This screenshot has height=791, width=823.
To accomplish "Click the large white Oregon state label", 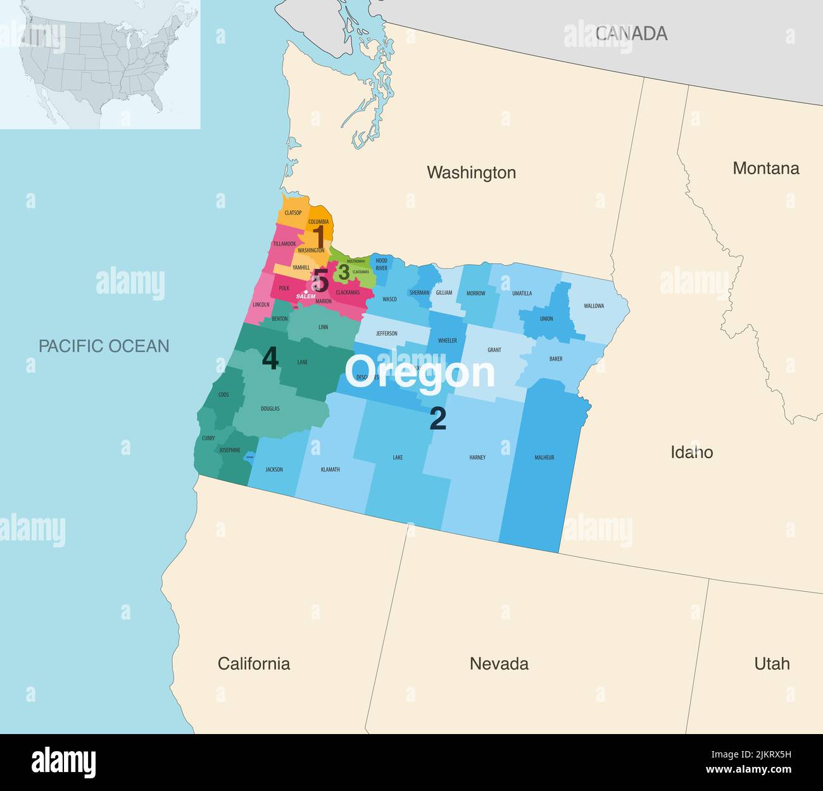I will click(420, 372).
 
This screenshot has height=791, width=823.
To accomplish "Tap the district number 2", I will click(437, 419).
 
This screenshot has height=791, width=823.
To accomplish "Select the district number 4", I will click(270, 359).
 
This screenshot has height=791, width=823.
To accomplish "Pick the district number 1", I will click(320, 237).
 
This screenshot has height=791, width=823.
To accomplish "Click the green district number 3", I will click(344, 272).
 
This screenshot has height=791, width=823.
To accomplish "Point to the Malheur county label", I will click(544, 457).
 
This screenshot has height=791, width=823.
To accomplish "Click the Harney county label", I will click(477, 457).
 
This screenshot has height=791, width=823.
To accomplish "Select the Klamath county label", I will click(330, 470).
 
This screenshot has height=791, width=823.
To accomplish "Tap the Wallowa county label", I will click(593, 306).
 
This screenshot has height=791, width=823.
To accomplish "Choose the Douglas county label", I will click(270, 409).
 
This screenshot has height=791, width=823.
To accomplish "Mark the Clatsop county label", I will click(292, 213).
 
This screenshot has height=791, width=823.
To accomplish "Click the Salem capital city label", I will click(306, 296).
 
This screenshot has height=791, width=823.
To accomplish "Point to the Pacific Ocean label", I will click(104, 346).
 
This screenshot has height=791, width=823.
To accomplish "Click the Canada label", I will click(631, 34).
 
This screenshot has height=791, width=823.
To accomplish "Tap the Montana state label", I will click(765, 168).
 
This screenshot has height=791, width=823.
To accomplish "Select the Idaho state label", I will click(691, 452).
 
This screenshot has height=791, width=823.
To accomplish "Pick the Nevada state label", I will click(499, 663).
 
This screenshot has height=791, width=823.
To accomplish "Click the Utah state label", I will click(772, 663).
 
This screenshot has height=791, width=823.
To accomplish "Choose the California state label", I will click(254, 663).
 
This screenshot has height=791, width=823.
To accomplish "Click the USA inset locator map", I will click(100, 65).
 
